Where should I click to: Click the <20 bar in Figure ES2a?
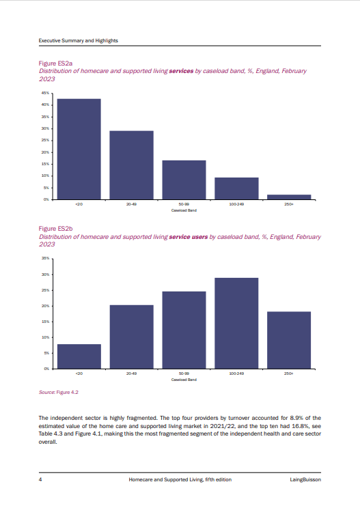click(79, 149)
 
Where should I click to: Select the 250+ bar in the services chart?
click(289, 197)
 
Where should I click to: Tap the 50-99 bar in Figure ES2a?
click(184, 180)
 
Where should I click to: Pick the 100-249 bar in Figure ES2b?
click(236, 324)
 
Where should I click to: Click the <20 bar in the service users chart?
click(79, 356)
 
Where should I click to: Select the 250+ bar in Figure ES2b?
click(289, 340)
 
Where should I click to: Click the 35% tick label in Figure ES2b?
click(45, 258)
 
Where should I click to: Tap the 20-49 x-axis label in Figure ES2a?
click(132, 204)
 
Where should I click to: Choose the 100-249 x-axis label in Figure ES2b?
click(236, 373)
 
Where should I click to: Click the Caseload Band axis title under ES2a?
click(184, 210)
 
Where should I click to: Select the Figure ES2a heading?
click(55, 63)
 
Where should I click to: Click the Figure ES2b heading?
click(55, 229)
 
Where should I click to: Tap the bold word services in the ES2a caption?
click(181, 71)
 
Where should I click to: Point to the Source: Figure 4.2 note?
click(59, 393)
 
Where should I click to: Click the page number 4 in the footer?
click(40, 479)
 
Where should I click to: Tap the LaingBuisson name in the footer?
click(305, 479)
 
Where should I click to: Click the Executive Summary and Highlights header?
click(78, 41)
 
